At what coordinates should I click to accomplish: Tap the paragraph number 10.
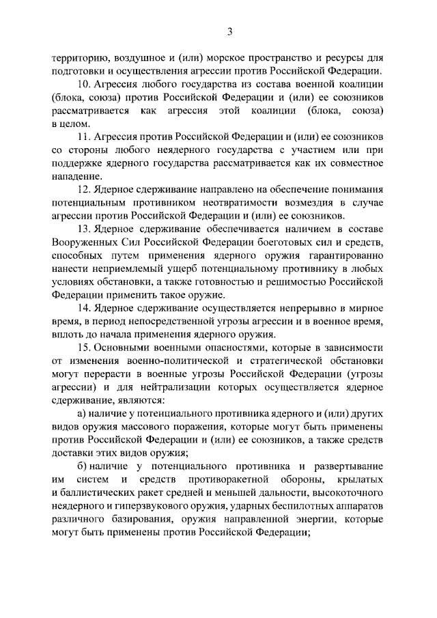click(x=84, y=85)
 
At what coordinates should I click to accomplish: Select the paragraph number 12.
click(x=85, y=188)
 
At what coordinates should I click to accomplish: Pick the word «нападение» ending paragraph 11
click(x=75, y=175)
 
